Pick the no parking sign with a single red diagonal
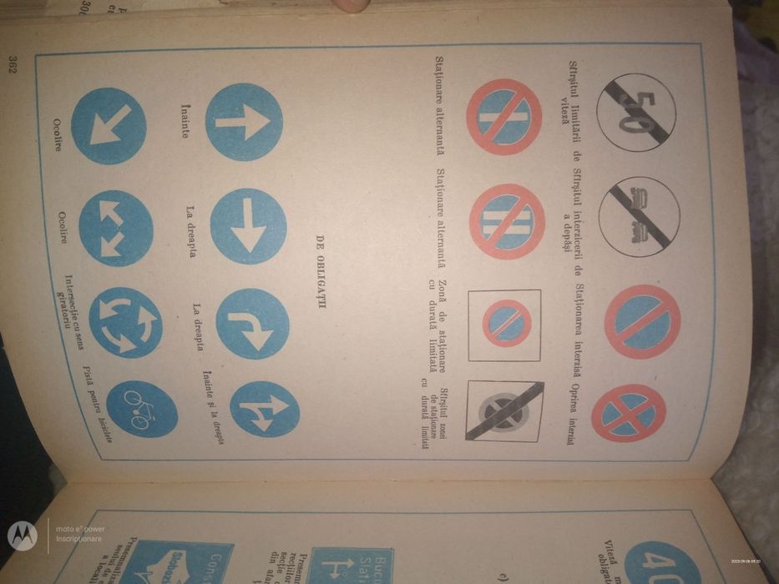coord(640,321)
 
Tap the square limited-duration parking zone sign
coord(504,325)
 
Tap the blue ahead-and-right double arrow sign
coord(264,409)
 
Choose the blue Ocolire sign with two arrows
coord(115,228)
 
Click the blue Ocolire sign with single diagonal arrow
coord(109,125)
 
